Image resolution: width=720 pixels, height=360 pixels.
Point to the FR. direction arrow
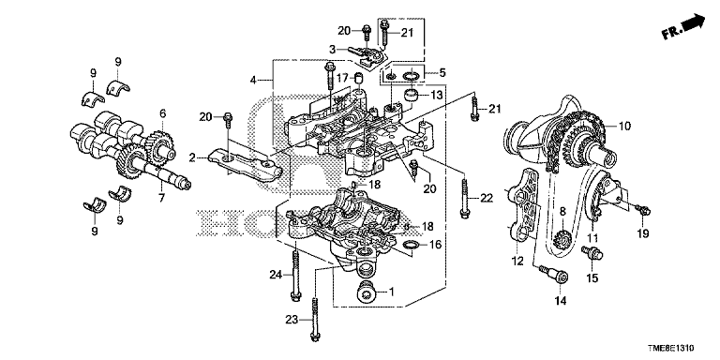[x=683, y=27]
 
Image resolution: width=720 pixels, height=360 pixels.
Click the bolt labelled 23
[x=315, y=319]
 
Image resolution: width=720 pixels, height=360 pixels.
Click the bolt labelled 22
[x=465, y=196]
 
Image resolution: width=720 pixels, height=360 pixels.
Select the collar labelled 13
[x=410, y=96]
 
